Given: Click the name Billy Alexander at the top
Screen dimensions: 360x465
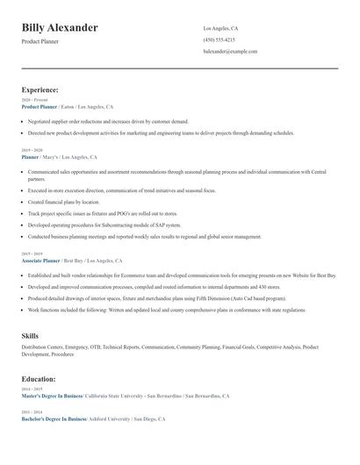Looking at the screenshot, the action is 60,28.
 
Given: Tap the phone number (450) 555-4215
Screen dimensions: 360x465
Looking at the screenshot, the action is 219,40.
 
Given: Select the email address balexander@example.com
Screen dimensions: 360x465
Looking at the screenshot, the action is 230,52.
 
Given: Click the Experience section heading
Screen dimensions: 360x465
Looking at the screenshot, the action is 40,89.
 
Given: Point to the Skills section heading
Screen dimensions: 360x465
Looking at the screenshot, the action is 30,336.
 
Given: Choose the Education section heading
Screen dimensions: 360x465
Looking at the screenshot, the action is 39,379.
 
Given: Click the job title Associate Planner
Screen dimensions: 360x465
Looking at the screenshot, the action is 40,261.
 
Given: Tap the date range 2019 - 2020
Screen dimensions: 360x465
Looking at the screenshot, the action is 32,151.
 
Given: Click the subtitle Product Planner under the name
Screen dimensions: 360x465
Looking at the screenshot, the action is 41,41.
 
